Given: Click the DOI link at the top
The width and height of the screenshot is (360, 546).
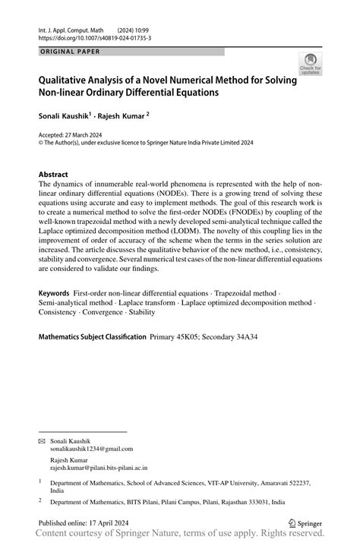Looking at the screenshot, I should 94,37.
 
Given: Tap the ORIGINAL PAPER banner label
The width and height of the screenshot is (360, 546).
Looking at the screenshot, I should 68,52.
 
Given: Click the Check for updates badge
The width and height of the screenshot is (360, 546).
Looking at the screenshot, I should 310,64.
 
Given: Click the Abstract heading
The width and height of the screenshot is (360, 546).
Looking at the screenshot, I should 58,174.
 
